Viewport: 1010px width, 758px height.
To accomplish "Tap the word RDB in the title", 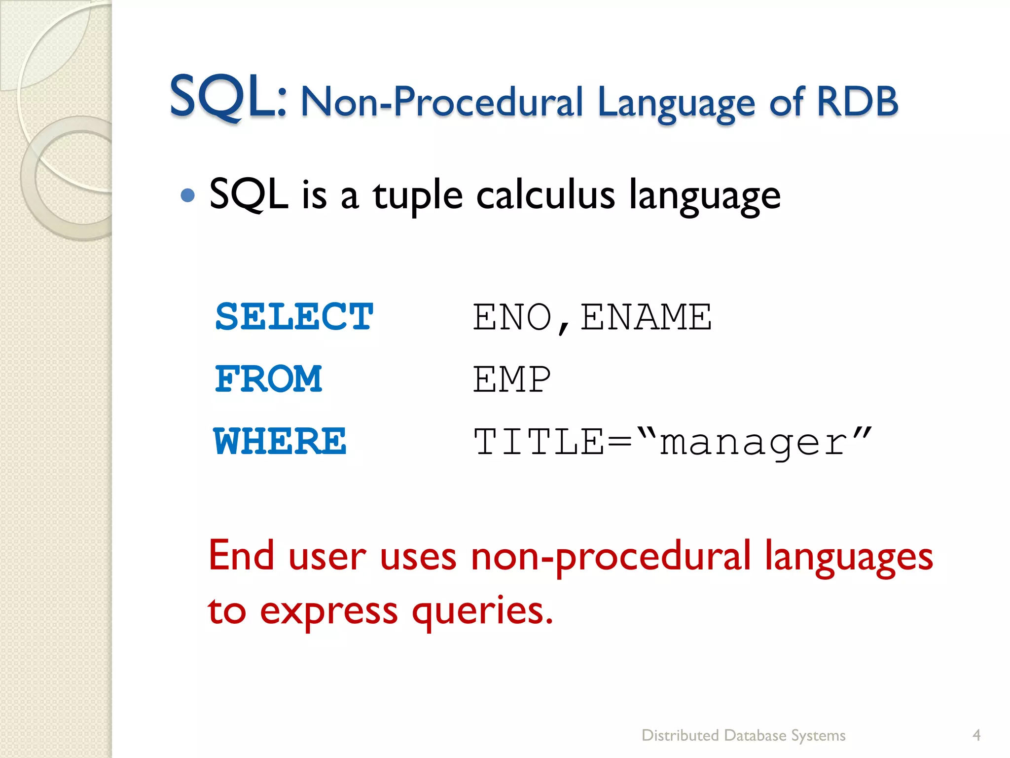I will coord(857,102).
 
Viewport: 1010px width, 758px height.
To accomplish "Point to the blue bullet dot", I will coord(187,196).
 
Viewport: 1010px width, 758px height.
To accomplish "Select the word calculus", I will coord(545,195).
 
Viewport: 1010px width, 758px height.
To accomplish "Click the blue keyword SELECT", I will coord(294,317).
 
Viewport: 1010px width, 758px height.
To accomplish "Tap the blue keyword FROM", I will coord(269,379).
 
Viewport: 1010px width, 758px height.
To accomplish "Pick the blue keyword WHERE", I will coord(280,441).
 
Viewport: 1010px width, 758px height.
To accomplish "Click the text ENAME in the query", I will coord(646,317).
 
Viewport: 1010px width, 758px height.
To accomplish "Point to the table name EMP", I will coord(511,379).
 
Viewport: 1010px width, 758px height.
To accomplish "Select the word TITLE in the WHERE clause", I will coord(539,441).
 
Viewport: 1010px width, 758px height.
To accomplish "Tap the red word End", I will coord(241,556).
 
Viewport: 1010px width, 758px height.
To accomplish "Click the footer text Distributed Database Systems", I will coord(743,735).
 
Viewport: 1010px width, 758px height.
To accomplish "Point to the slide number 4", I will coord(976,735).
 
